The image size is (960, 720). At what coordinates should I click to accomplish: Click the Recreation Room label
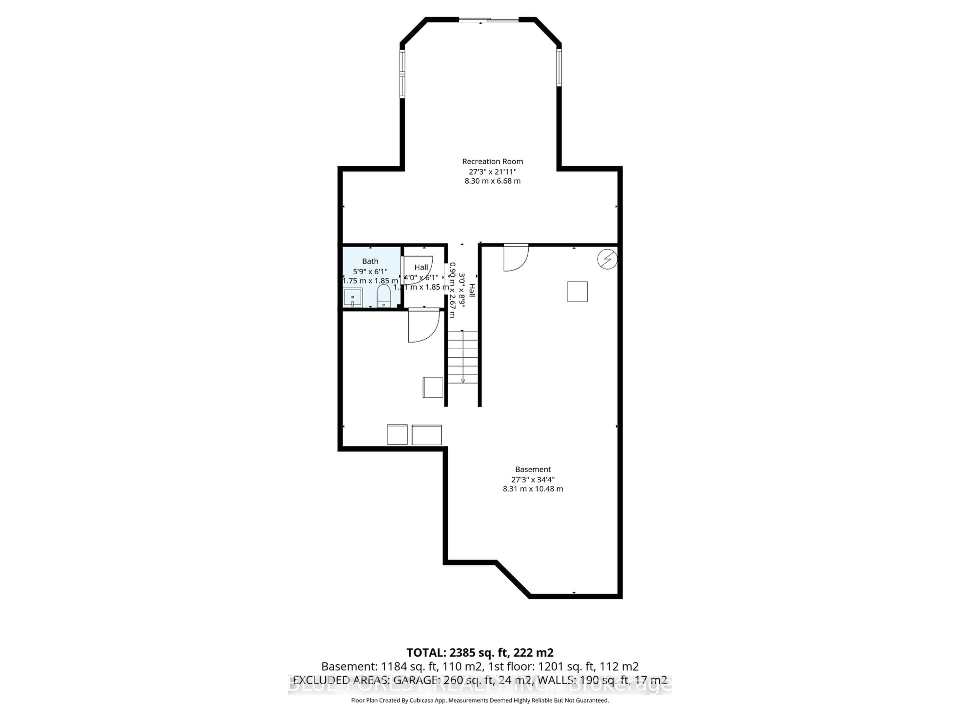point(492,161)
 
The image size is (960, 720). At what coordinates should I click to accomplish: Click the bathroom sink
point(353,298)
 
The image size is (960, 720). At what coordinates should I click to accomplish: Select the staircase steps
point(463,357)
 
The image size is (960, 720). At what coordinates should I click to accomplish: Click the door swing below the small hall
point(423,325)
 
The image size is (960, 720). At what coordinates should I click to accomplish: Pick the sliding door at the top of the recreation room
point(489,19)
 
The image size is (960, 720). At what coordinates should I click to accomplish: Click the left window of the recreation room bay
point(402,74)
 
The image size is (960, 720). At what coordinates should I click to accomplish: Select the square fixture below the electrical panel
point(577,292)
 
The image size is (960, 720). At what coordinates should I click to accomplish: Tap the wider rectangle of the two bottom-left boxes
point(426,434)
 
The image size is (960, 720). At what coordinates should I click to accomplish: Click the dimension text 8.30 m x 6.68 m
point(492,181)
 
